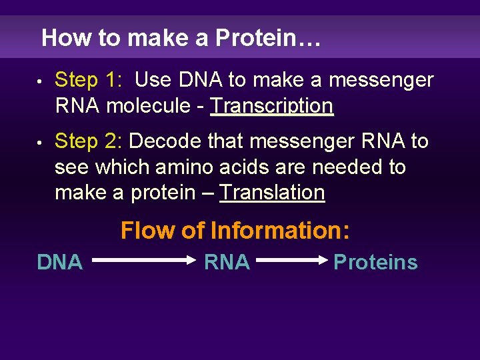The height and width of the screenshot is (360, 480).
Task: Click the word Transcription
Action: point(271,106)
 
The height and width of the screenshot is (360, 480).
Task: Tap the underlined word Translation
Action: point(272,193)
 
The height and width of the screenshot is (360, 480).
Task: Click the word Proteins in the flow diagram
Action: point(375,263)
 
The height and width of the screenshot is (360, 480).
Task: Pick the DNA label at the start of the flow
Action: point(60,263)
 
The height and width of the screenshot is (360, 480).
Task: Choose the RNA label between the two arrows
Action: point(227,263)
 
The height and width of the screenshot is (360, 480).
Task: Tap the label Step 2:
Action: point(88,141)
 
